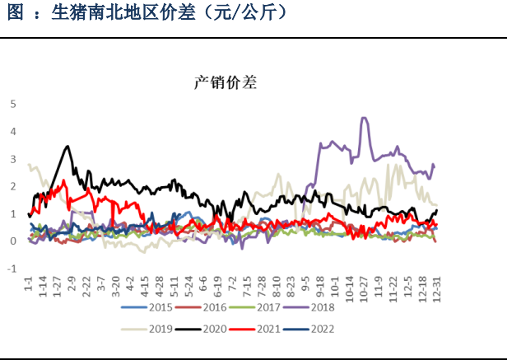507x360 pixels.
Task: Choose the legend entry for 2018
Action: [x=312, y=308]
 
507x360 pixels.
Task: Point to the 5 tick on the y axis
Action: [x=12, y=104]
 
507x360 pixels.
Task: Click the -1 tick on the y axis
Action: [x=12, y=269]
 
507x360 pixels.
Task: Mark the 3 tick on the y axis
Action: [x=12, y=159]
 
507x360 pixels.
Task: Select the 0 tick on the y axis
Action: [x=12, y=241]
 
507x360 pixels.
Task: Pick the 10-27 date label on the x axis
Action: [x=362, y=288]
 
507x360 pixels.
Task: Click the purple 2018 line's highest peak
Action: [x=364, y=118]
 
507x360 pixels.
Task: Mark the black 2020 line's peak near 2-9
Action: [x=67, y=147]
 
